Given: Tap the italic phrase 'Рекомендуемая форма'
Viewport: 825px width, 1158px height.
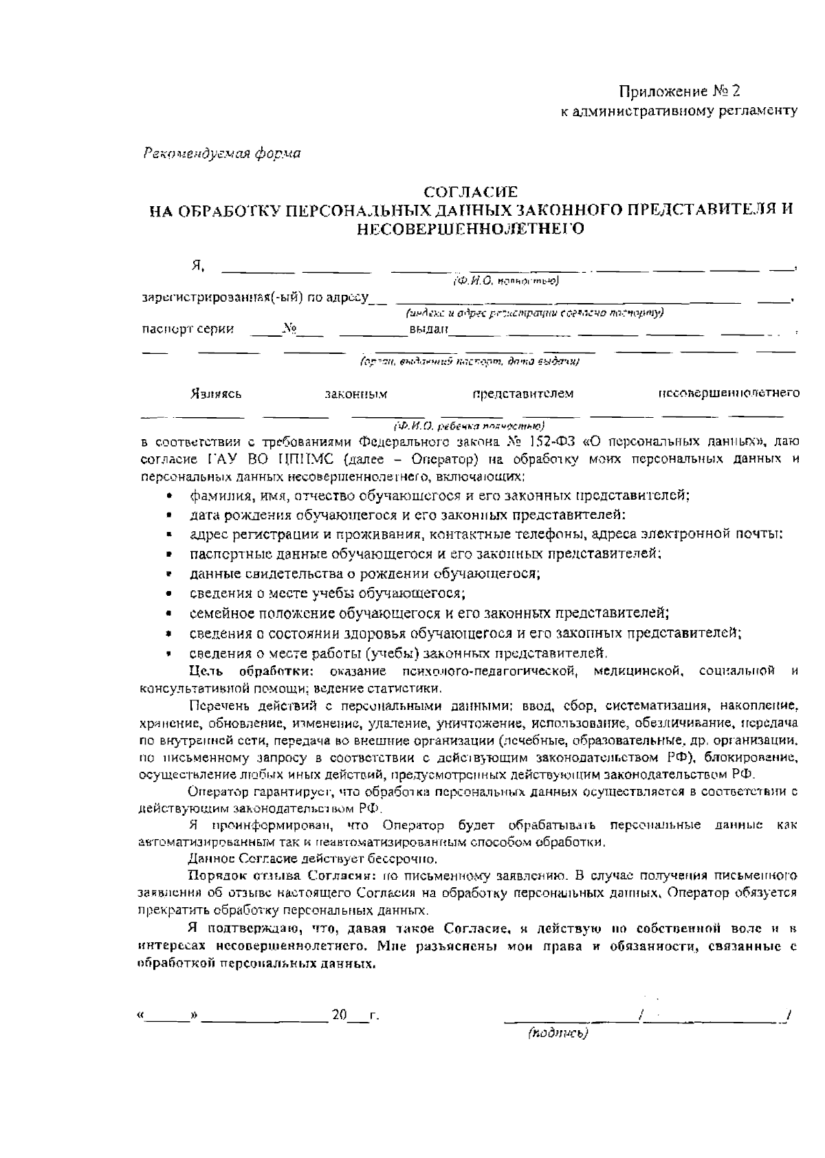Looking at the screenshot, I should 222,153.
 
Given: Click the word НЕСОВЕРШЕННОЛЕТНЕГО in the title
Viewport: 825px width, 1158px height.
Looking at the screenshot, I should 470,228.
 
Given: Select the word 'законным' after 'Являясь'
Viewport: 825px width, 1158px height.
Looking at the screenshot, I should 355,394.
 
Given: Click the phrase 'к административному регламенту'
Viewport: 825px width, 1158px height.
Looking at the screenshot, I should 680,110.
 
